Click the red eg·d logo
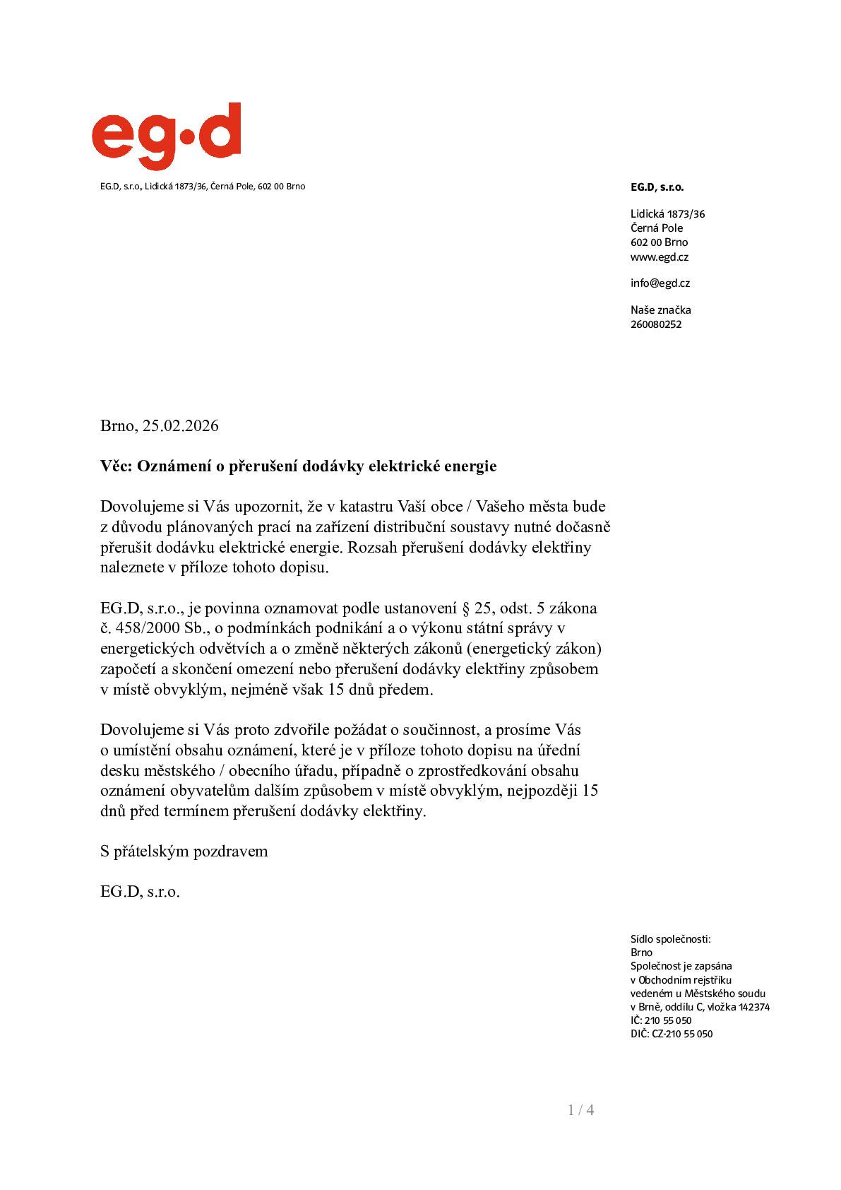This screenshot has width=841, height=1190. pyautogui.click(x=166, y=136)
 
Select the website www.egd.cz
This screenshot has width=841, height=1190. pyautogui.click(x=659, y=257)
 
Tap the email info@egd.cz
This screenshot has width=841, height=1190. pyautogui.click(x=660, y=283)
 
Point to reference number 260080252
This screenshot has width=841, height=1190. pyautogui.click(x=655, y=324)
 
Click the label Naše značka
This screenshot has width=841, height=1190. pyautogui.click(x=660, y=310)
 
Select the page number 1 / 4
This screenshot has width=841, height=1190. pyautogui.click(x=580, y=1110)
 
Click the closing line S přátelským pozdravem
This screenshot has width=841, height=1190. pyautogui.click(x=184, y=852)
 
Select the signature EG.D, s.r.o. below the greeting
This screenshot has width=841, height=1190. pyautogui.click(x=140, y=892)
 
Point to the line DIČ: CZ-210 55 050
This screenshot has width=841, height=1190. pyautogui.click(x=671, y=1034)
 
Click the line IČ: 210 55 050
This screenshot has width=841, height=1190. pyautogui.click(x=660, y=1020)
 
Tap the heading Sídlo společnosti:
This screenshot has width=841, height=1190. pyautogui.click(x=670, y=939)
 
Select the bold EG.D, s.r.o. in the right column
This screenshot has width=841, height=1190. pyautogui.click(x=657, y=187)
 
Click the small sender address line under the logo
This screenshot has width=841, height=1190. pyautogui.click(x=202, y=187)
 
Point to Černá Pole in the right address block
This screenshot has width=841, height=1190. pyautogui.click(x=656, y=228)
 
